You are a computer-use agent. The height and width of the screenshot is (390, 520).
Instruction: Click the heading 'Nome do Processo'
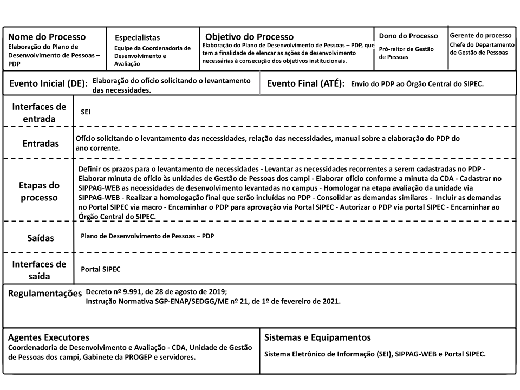pos(47,37)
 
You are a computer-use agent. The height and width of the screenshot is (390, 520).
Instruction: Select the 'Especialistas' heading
pos(137,38)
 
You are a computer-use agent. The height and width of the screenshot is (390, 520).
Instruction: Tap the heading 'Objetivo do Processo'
pos(249,37)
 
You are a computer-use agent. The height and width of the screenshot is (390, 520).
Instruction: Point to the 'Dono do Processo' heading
pos(408,36)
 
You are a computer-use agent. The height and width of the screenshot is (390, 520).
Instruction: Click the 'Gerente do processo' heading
pos(480,35)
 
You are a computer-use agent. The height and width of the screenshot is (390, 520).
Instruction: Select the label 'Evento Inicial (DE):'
pos(49,84)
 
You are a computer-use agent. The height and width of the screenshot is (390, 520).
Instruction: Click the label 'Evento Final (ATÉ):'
pos(306,84)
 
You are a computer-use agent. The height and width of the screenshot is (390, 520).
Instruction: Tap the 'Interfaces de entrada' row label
pos(39,112)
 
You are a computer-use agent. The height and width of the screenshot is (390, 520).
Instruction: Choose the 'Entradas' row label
pos(41,144)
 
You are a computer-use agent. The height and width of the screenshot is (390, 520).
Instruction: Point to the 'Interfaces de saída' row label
pos(39,270)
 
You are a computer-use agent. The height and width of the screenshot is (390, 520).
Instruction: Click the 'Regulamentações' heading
pos(44,294)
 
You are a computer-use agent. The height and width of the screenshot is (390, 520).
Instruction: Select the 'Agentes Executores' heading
pos(48,337)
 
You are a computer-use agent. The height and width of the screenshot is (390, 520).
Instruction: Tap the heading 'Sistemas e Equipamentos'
pos(317,337)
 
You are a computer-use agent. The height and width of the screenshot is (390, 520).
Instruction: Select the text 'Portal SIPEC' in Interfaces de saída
pos(100,269)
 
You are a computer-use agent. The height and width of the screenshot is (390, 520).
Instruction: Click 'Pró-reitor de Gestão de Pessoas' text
pos(406,53)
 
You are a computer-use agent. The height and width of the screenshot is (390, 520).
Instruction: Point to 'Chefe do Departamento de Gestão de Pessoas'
pos(482,48)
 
